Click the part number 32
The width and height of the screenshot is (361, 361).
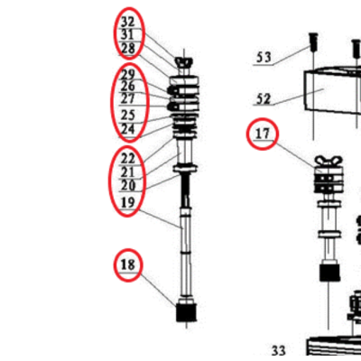pyautogui.click(x=128, y=22)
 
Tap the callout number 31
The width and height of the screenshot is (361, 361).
pyautogui.click(x=127, y=35)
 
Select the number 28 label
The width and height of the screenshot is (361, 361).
pyautogui.click(x=128, y=49)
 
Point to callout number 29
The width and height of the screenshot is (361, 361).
pyautogui.click(x=128, y=74)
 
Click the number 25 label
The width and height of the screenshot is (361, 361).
pyautogui.click(x=128, y=115)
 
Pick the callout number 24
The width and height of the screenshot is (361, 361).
pyautogui.click(x=128, y=129)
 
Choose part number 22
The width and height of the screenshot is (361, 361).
pyautogui.click(x=128, y=158)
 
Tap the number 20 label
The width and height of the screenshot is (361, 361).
pyautogui.click(x=128, y=185)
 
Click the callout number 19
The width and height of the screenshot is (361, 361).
pyautogui.click(x=127, y=202)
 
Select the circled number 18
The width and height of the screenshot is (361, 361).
pyautogui.click(x=128, y=264)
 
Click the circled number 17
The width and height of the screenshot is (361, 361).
pyautogui.click(x=263, y=134)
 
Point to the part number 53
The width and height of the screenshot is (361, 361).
pyautogui.click(x=264, y=57)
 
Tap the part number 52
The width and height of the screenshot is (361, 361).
pyautogui.click(x=264, y=99)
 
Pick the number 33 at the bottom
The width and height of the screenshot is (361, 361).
pyautogui.click(x=279, y=351)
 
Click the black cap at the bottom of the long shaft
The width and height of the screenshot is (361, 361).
pyautogui.click(x=186, y=312)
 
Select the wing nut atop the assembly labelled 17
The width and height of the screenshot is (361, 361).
pyautogui.click(x=329, y=162)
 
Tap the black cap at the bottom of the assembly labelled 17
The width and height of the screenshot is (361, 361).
pyautogui.click(x=329, y=273)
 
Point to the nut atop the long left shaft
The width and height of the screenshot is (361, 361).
pyautogui.click(x=183, y=63)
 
